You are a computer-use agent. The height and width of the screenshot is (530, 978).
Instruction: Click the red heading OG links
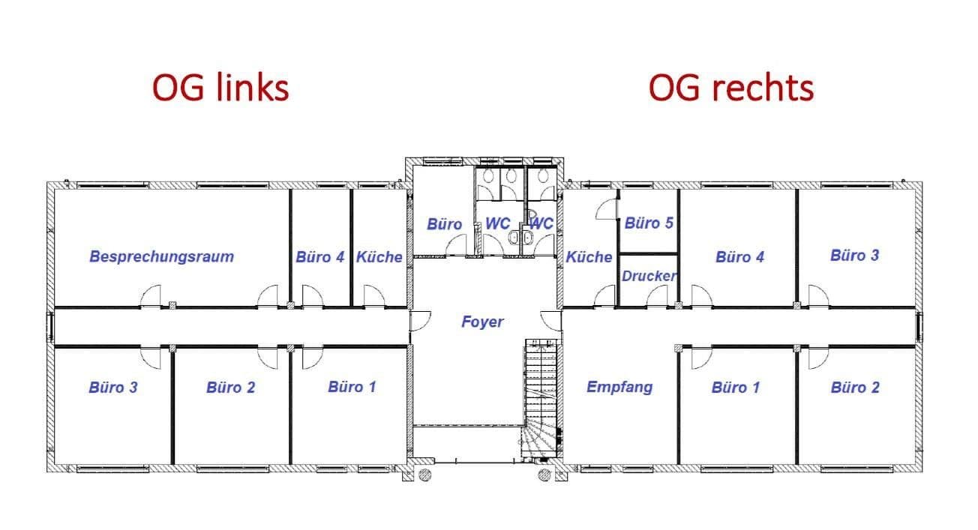pos(220,88)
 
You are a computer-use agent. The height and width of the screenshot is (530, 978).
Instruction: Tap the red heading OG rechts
pos(730,88)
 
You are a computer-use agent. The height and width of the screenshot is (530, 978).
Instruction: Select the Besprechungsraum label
pos(161,256)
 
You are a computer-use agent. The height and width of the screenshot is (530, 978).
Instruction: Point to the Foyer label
pos(482,322)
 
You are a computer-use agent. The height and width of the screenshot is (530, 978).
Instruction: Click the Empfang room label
pos(619,387)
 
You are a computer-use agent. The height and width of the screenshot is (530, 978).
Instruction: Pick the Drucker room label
pos(649,276)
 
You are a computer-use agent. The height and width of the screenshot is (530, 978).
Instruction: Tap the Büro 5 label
pos(649,223)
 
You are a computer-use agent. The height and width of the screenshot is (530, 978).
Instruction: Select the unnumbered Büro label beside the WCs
pos(445,224)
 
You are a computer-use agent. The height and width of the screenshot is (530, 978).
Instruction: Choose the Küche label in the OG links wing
pos(379,257)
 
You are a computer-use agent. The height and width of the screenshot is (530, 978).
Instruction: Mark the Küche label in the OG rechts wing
pos(589,257)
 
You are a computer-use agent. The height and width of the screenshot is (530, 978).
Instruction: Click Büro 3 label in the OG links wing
pos(112,388)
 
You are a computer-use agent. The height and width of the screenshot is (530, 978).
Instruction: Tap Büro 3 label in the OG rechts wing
pos(854,255)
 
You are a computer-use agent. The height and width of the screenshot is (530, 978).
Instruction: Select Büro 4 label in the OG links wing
pos(319,257)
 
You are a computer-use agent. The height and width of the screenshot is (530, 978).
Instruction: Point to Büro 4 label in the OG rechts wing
pos(739,257)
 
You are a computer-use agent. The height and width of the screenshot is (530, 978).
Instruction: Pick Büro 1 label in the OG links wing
pos(351,387)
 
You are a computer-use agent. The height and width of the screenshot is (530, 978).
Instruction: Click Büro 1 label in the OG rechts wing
pos(736,388)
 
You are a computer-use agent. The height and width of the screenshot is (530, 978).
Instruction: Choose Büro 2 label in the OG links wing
pos(230,388)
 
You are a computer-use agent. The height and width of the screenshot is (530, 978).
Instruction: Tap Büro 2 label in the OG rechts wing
pos(855,388)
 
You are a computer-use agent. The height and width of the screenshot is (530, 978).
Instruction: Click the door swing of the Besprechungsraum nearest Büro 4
pos(268,297)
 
